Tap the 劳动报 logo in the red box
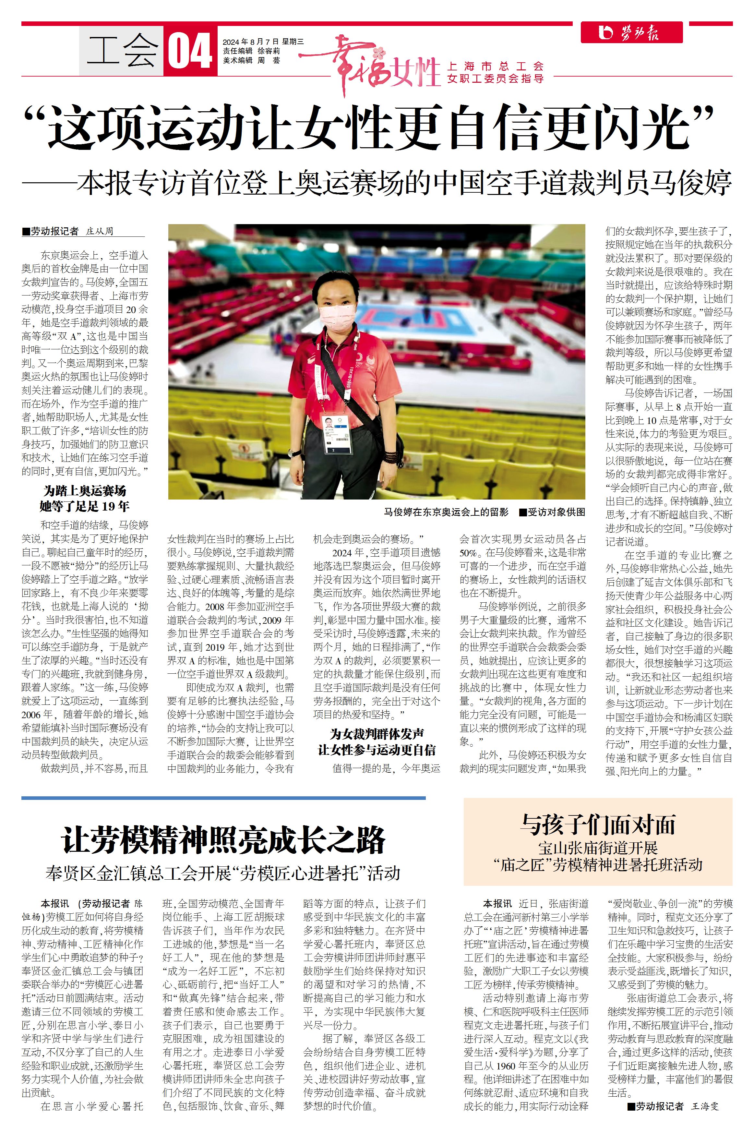[631, 33]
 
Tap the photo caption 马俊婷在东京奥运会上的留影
[446, 512]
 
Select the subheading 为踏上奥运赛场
[85, 491]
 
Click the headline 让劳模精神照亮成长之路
[223, 840]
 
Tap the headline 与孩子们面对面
[598, 825]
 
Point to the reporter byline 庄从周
[100, 231]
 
